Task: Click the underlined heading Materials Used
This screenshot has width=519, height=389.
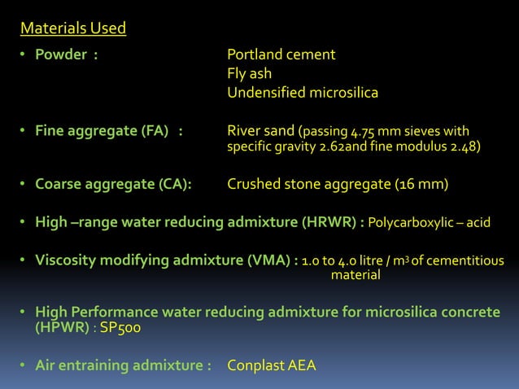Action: pyautogui.click(x=73, y=29)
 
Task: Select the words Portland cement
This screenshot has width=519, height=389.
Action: pyautogui.click(x=281, y=55)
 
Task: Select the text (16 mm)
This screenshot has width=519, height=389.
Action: pyautogui.click(x=421, y=184)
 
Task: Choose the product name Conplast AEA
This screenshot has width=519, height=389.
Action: pyautogui.click(x=272, y=365)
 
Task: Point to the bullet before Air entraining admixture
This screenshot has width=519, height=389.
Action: pyautogui.click(x=24, y=365)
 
